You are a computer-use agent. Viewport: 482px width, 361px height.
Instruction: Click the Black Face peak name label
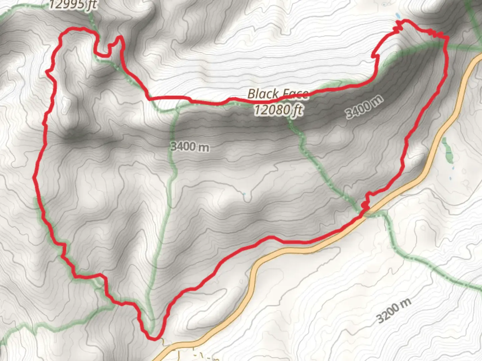click(x=277, y=94)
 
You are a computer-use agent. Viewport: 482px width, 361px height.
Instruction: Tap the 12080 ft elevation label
click(x=278, y=110)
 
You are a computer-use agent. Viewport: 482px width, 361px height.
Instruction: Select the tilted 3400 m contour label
click(x=364, y=107)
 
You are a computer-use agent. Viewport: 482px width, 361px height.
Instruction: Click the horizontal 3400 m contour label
click(x=190, y=146)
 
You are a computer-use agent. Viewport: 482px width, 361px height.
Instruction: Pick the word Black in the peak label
click(x=263, y=94)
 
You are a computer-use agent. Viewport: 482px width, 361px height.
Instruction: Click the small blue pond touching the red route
click(x=397, y=15)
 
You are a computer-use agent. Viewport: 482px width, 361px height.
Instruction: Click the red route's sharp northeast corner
click(x=447, y=39)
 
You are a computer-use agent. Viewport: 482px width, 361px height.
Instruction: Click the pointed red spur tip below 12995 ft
click(x=119, y=37)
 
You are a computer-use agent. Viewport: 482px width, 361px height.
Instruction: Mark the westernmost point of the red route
click(x=34, y=178)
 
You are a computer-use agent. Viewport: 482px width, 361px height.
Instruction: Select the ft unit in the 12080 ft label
click(x=297, y=110)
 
